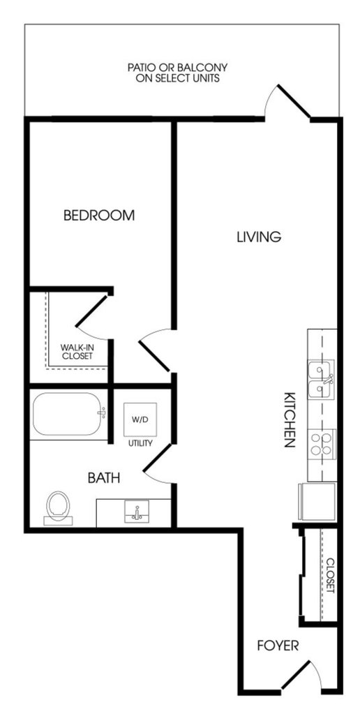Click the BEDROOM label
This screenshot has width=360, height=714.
pos(99,215)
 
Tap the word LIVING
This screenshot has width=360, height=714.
pos(259,237)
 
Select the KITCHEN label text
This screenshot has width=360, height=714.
pos(290,419)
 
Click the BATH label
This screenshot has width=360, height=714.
pos(104,477)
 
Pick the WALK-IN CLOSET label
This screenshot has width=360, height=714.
pos(77,352)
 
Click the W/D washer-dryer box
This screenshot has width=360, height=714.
pos(140,419)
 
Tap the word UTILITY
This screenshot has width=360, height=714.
pos(140,443)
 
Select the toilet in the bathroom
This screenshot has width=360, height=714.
pos(58,507)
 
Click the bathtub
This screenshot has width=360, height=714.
pos(68,414)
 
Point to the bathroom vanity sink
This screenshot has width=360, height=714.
pos(137,512)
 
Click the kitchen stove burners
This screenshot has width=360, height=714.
pos(322,443)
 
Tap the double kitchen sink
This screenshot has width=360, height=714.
pos(322,379)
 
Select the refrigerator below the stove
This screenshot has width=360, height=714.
pos(317,501)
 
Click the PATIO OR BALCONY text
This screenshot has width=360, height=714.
pos(177,73)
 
